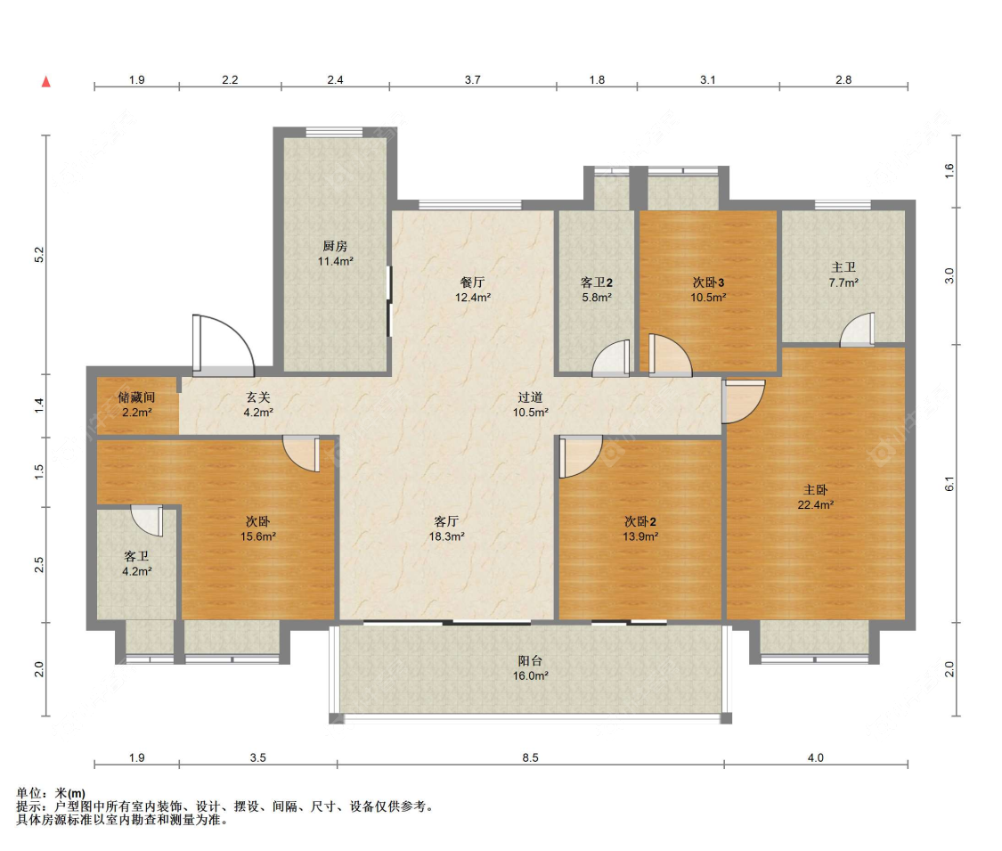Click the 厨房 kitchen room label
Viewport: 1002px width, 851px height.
pos(335,246)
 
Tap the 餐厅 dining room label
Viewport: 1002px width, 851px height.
pos(472,282)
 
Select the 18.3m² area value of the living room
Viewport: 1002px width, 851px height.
pos(447,537)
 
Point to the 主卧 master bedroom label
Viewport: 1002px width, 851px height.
pos(815,490)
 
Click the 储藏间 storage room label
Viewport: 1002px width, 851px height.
pos(136,397)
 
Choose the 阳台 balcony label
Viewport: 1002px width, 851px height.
pos(531,661)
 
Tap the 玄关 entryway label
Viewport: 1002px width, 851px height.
pos(258,397)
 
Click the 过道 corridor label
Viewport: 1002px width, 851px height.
pos(531,397)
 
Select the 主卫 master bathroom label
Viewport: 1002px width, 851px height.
pos(843,267)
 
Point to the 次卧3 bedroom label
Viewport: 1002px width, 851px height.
pos(708,282)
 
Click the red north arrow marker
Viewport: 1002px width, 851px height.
pos(46,81)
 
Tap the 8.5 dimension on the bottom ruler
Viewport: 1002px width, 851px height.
pos(531,757)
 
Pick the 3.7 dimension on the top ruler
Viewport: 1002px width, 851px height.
pos(472,80)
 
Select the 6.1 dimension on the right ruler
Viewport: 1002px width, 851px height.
pos(949,484)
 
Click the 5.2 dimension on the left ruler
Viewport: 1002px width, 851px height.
pos(39,255)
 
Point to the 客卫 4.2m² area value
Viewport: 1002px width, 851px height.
pos(137,571)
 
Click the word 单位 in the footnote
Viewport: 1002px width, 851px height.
pos(29,793)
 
